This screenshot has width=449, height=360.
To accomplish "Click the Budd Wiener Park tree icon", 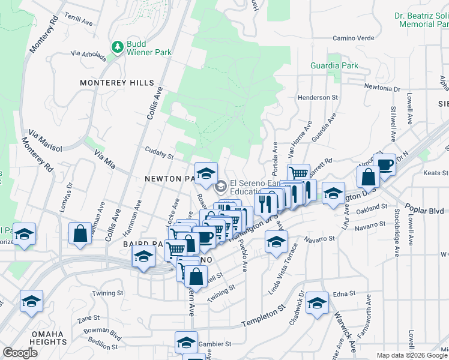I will coord(118,46).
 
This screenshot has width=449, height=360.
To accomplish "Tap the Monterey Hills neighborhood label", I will coord(116,83).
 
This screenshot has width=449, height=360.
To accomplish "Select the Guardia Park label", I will coord(334,65).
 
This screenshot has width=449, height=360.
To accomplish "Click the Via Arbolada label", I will coord(88,55).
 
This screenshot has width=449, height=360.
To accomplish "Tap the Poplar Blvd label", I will coord(427,211).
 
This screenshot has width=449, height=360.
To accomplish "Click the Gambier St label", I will coord(215,344).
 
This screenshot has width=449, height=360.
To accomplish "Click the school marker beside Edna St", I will coord(317,302).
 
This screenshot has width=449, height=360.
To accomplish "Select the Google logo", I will coord(20,352).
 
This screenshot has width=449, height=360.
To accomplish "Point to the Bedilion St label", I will coord(103,344).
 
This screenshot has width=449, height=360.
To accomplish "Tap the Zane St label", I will coord(88,318).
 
